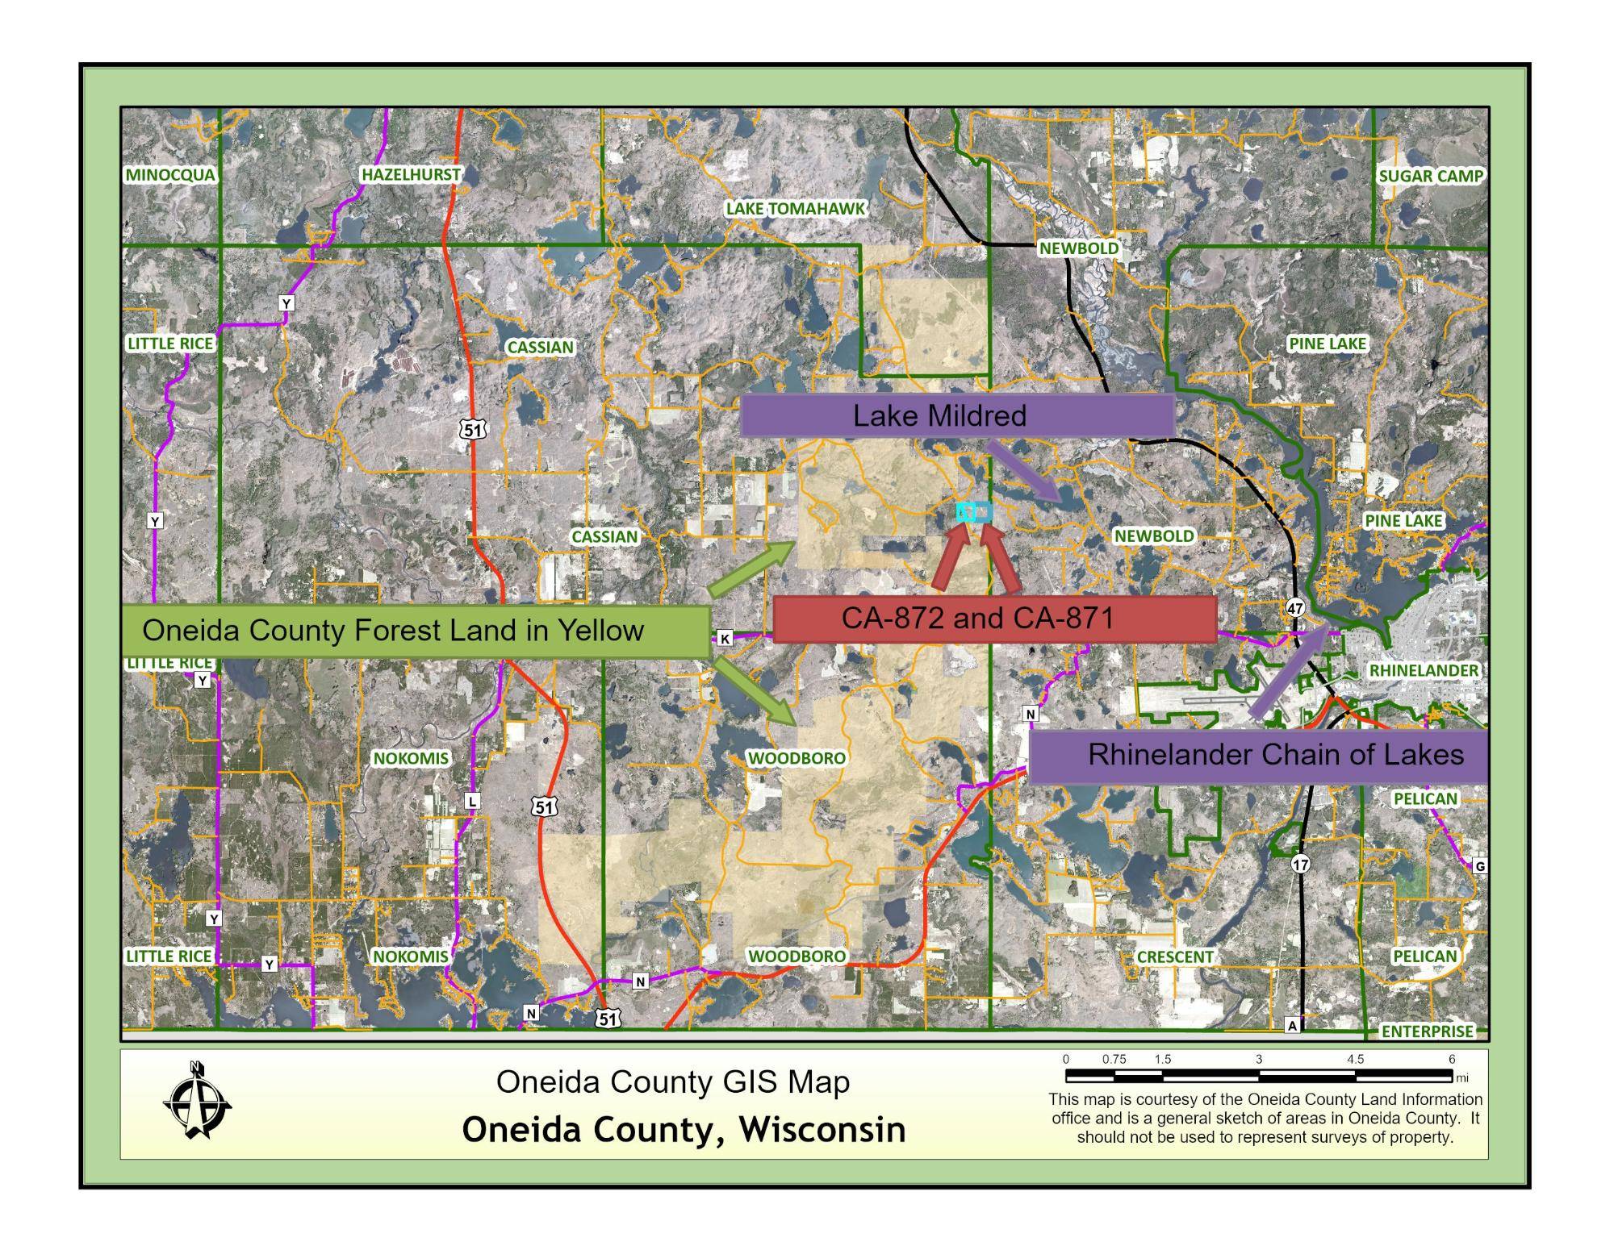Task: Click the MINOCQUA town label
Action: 171,175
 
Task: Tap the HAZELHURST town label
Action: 411,174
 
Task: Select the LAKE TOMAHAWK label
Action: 795,209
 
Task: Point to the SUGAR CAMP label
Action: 1430,176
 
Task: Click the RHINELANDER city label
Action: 1424,670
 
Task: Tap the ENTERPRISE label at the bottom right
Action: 1427,1031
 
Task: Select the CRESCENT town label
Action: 1174,956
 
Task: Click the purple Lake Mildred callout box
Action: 956,415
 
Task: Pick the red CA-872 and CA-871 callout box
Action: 994,619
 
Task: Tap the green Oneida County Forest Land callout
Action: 416,631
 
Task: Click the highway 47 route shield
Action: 1295,607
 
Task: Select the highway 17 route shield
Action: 1300,864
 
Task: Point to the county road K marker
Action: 725,639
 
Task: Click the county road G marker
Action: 1480,866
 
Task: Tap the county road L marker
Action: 473,801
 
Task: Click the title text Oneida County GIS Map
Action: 672,1082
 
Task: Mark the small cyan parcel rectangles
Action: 974,512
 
